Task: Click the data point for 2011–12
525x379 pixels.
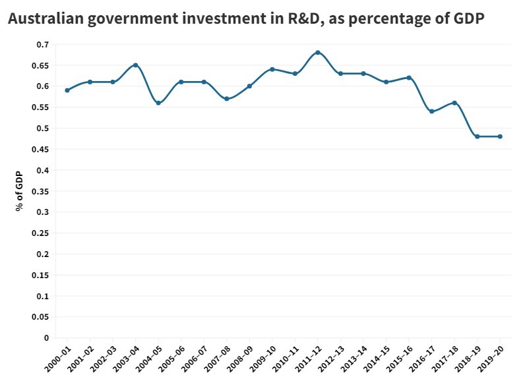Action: [x=318, y=52]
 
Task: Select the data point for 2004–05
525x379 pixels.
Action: [x=158, y=103]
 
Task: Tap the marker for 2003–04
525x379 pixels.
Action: [x=135, y=65]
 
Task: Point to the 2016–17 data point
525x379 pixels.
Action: [x=431, y=111]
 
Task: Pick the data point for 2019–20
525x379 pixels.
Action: [x=500, y=136]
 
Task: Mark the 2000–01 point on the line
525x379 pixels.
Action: [x=67, y=90]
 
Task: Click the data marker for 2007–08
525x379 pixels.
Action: [x=226, y=99]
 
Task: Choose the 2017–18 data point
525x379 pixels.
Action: [x=454, y=103]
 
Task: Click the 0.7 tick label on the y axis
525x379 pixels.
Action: [x=43, y=44]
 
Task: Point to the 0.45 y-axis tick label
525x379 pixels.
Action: [x=41, y=149]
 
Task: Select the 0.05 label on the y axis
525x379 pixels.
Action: [x=41, y=317]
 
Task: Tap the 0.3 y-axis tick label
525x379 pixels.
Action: [x=43, y=212]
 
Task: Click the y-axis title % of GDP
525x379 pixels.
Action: [x=20, y=190]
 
